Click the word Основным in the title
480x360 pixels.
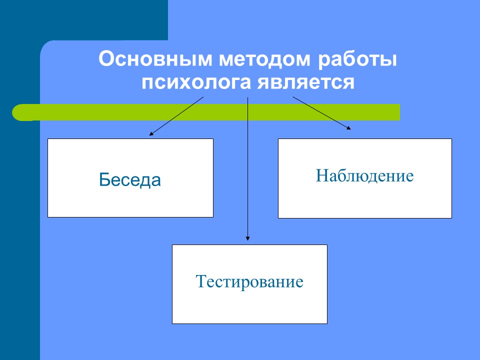pos(155,59)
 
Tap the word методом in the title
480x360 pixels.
pos(265,59)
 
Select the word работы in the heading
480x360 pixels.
pos(357,60)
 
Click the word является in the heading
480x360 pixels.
pos(306,82)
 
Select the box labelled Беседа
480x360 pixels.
pos(130,178)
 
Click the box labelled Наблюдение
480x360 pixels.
pos(365,178)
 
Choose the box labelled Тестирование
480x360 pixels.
pos(250,284)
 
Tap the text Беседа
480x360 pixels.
pos(130,179)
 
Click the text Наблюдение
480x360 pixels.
pos(364,175)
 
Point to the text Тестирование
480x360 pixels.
pos(249,281)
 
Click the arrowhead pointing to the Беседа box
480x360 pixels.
pos(151,133)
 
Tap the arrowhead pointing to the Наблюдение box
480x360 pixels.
pos(348,128)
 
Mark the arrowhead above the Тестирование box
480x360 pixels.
pos(247,238)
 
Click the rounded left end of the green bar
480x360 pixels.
pos(17,112)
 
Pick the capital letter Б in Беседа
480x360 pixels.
pos(104,179)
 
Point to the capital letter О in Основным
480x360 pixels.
pos(106,59)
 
